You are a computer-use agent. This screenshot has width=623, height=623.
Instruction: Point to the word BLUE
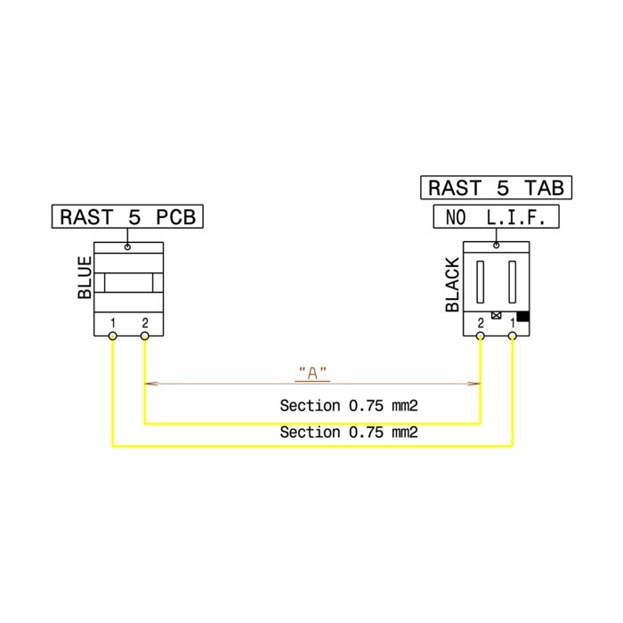(85, 277)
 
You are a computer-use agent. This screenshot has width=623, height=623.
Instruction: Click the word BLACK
(452, 285)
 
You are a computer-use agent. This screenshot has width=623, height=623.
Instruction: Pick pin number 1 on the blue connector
(113, 322)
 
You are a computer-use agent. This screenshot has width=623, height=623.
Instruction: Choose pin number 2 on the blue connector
(145, 322)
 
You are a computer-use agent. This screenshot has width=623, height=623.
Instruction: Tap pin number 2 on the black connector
(481, 322)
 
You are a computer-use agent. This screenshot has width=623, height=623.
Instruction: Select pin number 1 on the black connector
(513, 322)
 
